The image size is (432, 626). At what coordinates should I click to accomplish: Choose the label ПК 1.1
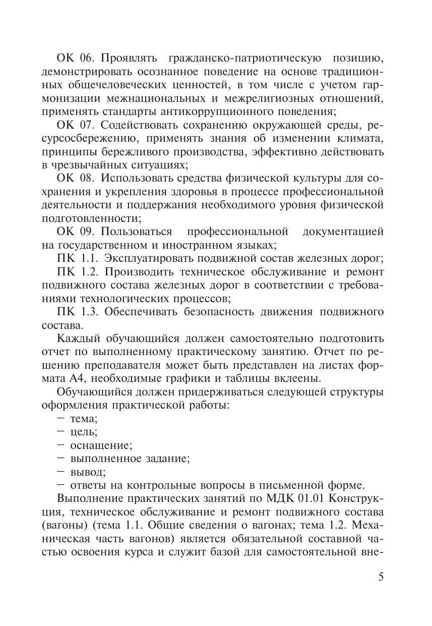pos(74,259)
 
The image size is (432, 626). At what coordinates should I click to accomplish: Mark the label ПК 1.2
pos(74,272)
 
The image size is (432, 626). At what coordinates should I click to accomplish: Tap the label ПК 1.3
pos(74,312)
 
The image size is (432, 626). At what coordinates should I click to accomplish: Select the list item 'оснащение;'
pos(101,445)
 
